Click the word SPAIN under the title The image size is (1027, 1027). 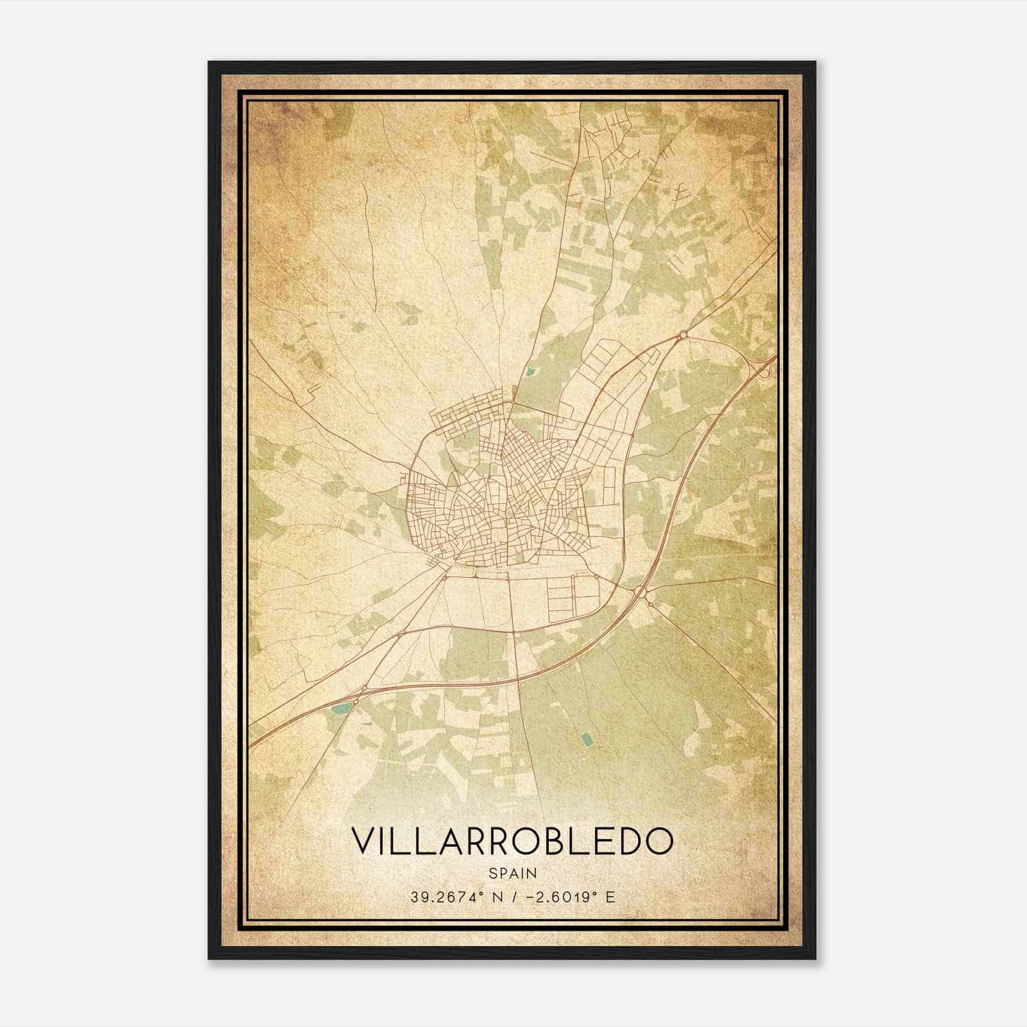pyautogui.click(x=513, y=873)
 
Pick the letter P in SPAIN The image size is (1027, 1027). pyautogui.click(x=503, y=873)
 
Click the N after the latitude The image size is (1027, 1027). pyautogui.click(x=497, y=897)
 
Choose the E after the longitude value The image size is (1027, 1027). pyautogui.click(x=610, y=897)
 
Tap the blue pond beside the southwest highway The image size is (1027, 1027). pyautogui.click(x=342, y=709)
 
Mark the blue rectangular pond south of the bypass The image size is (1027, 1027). pyautogui.click(x=586, y=741)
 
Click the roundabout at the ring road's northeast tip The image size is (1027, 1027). pyautogui.click(x=683, y=334)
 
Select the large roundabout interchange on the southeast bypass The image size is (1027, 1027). pyautogui.click(x=639, y=591)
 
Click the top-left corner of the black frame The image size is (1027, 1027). pyautogui.click(x=209, y=62)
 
